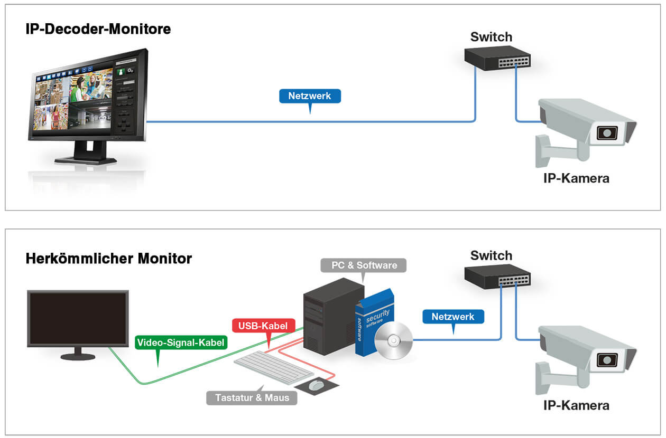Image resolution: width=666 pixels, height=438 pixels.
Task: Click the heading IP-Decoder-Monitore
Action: (98, 29)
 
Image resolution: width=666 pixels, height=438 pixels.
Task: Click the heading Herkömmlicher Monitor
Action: (108, 259)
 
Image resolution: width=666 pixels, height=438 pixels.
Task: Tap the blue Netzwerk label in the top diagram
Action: (309, 96)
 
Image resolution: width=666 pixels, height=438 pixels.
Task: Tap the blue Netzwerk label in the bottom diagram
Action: (453, 317)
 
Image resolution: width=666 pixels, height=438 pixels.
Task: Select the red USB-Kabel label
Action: (263, 326)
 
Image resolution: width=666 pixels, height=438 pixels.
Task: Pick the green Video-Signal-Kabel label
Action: (181, 342)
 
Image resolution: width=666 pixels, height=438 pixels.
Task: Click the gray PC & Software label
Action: (364, 265)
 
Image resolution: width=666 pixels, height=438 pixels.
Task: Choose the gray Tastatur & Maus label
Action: (252, 397)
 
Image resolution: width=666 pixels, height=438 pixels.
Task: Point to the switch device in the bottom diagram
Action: (497, 276)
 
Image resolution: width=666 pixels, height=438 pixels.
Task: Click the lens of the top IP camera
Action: (607, 132)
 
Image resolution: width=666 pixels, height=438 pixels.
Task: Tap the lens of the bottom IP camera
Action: (607, 359)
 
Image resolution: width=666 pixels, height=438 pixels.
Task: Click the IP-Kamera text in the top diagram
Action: (576, 178)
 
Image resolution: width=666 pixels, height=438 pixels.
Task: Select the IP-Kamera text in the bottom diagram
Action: (576, 405)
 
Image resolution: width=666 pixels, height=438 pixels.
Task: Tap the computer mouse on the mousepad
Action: (316, 385)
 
